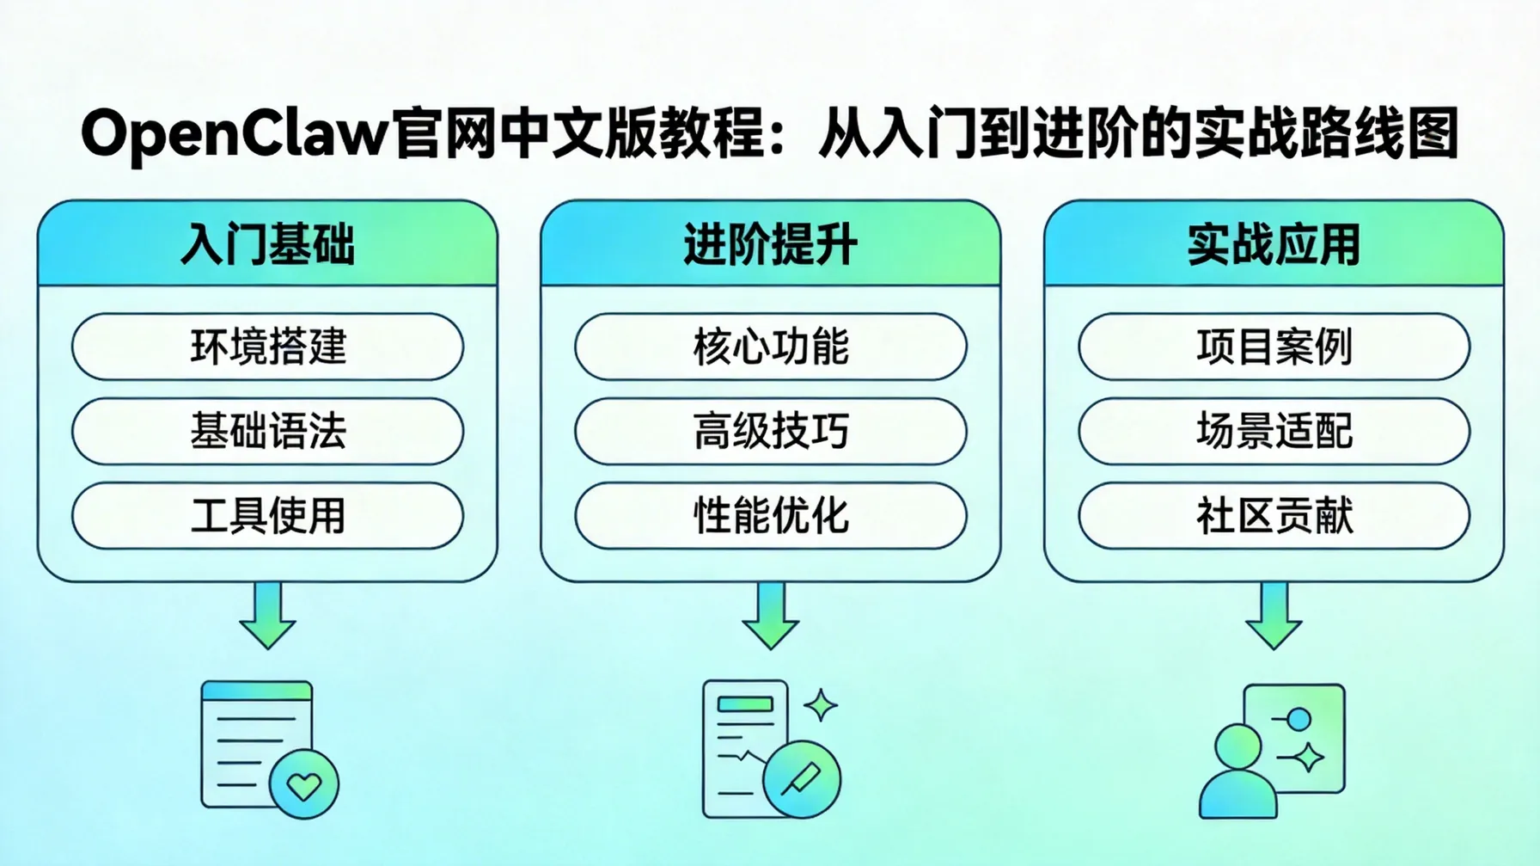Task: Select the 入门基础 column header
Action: click(267, 244)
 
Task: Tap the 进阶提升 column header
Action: click(770, 244)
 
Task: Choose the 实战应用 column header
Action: click(1274, 244)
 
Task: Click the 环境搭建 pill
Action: click(267, 347)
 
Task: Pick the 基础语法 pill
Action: click(267, 431)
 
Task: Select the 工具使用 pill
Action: click(267, 516)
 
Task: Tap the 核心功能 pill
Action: click(770, 347)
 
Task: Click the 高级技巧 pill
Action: click(770, 431)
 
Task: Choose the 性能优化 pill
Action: click(770, 516)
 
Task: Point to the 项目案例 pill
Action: click(1274, 347)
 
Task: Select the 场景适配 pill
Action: click(1274, 431)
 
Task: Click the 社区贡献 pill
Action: click(1274, 516)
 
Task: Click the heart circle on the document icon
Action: click(303, 783)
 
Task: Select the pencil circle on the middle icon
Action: click(801, 779)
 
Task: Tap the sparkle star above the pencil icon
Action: click(821, 705)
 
